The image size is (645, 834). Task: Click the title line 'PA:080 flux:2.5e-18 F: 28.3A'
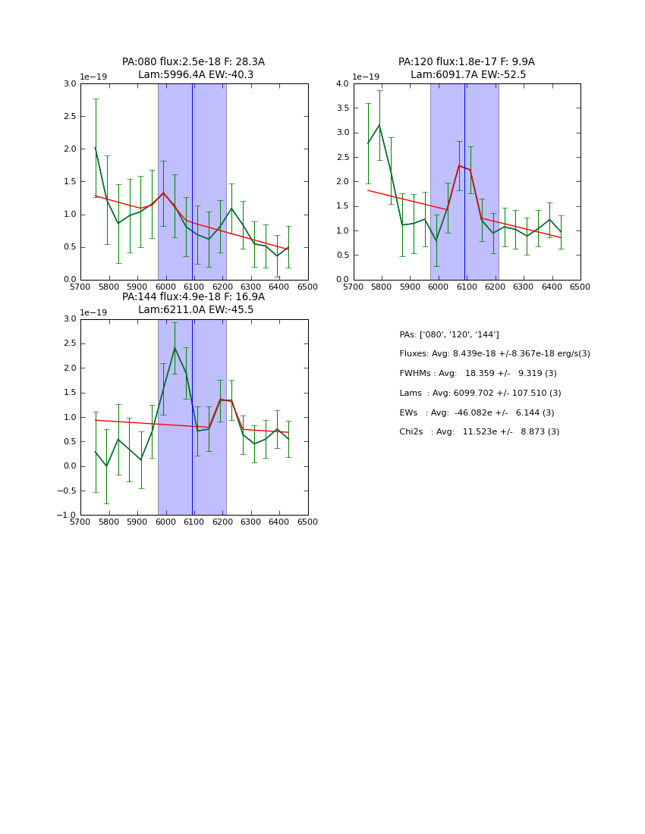193,62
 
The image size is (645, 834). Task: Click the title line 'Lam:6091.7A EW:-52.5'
468,75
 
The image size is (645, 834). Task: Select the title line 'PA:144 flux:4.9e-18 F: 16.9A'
193,297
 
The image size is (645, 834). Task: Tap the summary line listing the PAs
449,334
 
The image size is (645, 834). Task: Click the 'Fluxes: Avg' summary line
495,354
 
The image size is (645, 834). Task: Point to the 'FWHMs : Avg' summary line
478,374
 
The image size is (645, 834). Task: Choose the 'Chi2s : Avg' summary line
480,432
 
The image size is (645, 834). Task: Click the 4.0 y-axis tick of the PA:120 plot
342,84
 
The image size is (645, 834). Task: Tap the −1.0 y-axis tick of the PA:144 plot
66,516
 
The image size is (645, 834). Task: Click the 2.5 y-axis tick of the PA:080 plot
69,117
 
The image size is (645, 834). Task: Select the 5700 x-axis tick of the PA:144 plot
80,522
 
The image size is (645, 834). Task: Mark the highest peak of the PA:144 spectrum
175,348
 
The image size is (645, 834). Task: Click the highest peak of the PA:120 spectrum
379,125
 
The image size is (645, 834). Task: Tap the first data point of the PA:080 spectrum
96,148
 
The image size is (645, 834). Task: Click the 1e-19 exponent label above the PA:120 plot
366,77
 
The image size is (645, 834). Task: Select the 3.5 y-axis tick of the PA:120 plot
342,108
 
